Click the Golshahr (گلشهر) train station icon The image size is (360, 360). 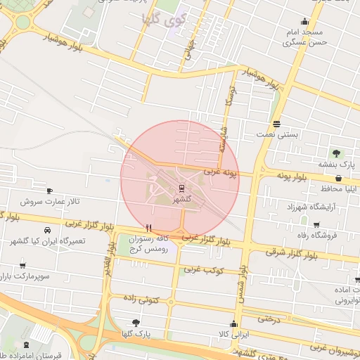pyautogui.click(x=182, y=188)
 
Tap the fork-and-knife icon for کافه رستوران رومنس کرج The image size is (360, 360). pyautogui.click(x=148, y=228)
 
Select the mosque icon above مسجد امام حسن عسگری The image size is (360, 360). pyautogui.click(x=304, y=21)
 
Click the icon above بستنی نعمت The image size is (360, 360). pyautogui.click(x=276, y=122)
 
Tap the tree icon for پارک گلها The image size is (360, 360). pyautogui.click(x=136, y=322)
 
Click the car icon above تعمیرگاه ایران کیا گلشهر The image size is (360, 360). pyautogui.click(x=47, y=230)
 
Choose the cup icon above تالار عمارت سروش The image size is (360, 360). pyautogui.click(x=49, y=191)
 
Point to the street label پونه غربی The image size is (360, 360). pyautogui.click(x=221, y=171)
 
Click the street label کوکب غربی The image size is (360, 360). pyautogui.click(x=207, y=270)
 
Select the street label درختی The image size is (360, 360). pyautogui.click(x=269, y=319)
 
